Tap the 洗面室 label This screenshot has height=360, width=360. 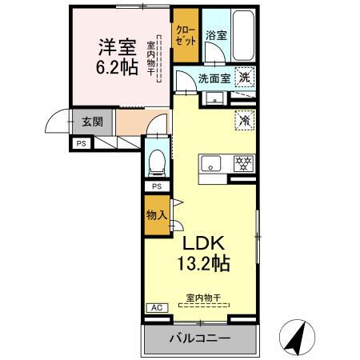(x=214, y=78)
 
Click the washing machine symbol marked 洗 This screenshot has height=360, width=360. (x=246, y=78)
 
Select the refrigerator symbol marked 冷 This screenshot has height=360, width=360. (x=244, y=119)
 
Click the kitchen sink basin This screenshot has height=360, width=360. (x=212, y=164)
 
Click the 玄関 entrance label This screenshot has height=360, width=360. (x=91, y=122)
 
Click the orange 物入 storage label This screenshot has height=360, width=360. (x=156, y=215)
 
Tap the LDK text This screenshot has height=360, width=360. (x=208, y=243)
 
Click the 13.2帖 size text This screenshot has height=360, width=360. (x=208, y=263)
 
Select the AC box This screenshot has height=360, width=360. (x=155, y=307)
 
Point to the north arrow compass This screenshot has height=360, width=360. (x=297, y=336)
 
